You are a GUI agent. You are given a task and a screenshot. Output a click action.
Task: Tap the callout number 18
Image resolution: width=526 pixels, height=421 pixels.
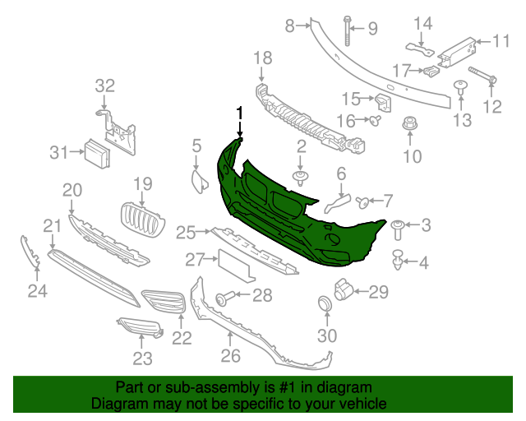tap(262, 58)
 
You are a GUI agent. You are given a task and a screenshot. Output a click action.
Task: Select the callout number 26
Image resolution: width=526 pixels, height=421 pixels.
tap(230, 355)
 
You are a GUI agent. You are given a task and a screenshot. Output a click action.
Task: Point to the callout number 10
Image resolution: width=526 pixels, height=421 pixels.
tap(412, 157)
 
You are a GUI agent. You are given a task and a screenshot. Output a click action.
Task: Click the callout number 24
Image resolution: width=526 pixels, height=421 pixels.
tap(38, 289)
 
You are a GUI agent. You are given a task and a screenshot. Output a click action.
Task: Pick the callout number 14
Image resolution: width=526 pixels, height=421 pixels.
tap(422, 24)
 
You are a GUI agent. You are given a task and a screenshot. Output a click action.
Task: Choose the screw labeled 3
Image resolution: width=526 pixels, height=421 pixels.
tap(399, 225)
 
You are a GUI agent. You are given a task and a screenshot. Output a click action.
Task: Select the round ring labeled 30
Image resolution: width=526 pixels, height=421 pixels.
tap(325, 306)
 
